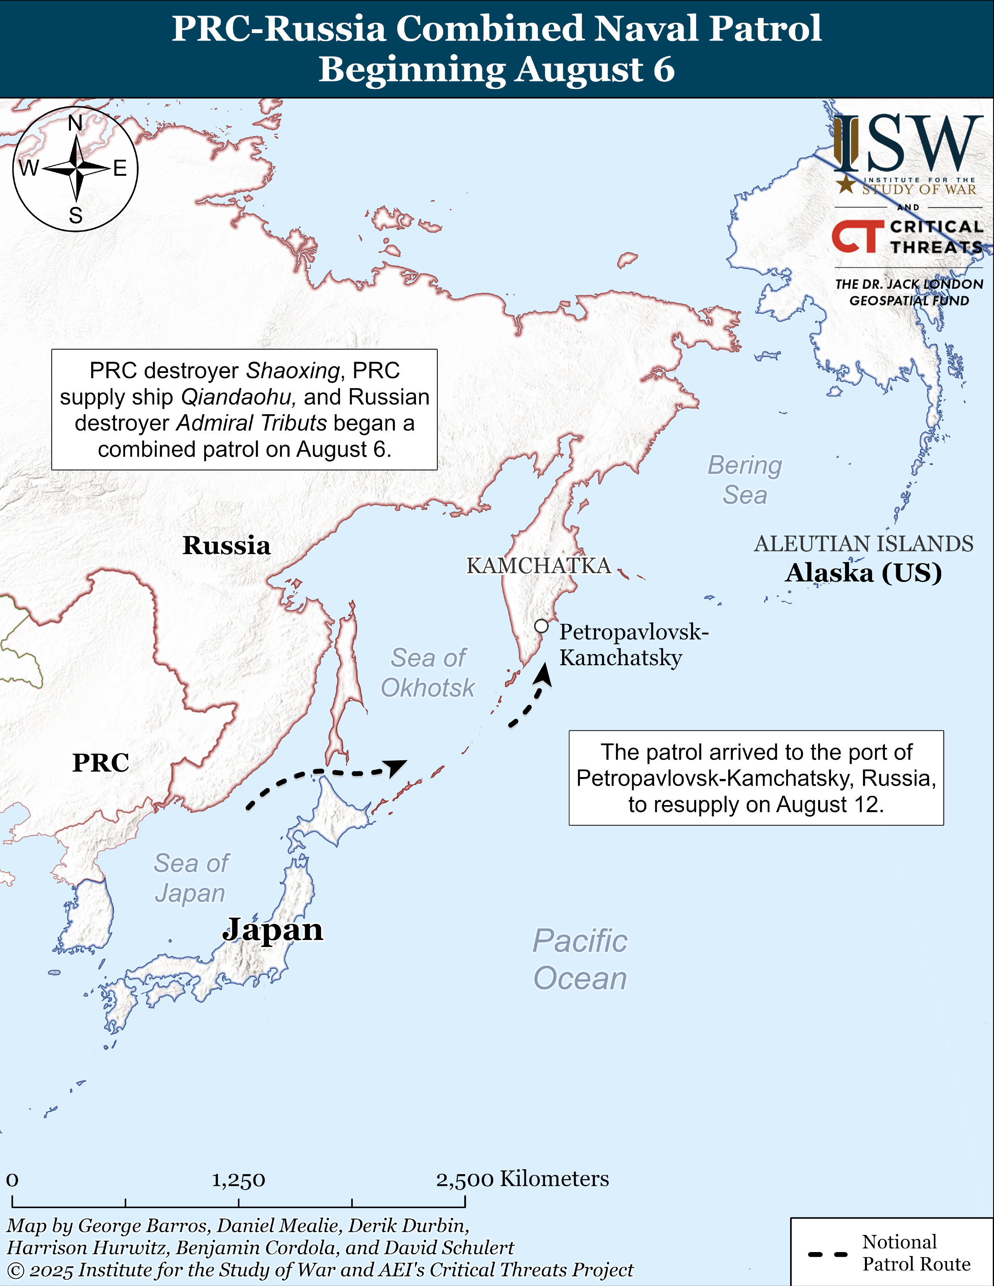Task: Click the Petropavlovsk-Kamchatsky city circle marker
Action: tap(541, 626)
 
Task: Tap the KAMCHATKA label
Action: tap(539, 565)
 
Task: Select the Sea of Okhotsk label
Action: tap(428, 673)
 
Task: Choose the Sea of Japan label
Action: tap(191, 878)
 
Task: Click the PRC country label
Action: tap(101, 763)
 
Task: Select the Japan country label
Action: tap(272, 930)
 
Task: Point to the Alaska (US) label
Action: tap(864, 572)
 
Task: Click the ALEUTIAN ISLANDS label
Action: tap(864, 544)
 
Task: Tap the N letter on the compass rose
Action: tap(75, 123)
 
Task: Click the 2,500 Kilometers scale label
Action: tap(522, 1179)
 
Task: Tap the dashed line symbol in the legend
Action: tap(827, 1254)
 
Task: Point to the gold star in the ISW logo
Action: tap(846, 184)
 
